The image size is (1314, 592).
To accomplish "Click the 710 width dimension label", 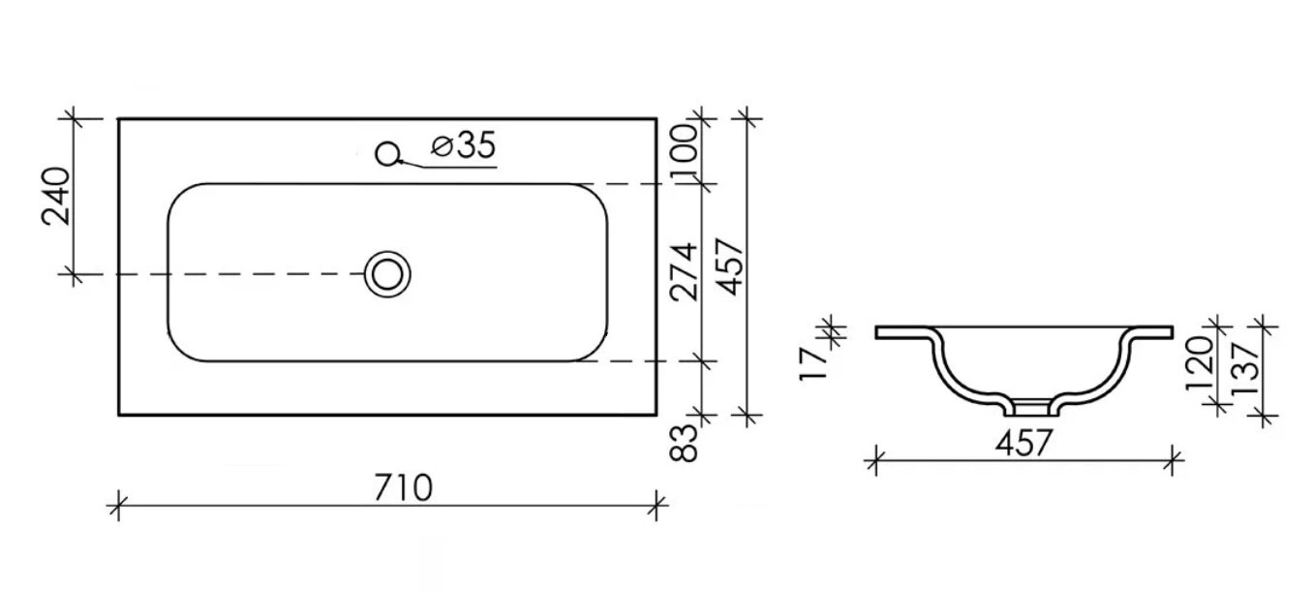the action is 403,487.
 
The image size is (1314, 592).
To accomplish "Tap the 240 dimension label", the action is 56,196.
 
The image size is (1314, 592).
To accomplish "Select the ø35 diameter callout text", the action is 464,145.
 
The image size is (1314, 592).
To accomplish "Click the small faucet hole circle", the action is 387,154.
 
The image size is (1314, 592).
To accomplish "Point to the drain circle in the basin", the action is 387,274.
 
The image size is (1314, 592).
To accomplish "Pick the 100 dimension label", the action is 684,150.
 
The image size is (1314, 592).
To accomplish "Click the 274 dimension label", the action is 684,271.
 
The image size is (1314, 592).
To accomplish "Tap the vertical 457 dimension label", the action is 730,266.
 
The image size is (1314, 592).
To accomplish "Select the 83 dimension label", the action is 684,443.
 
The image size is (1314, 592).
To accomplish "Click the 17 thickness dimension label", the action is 813,363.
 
